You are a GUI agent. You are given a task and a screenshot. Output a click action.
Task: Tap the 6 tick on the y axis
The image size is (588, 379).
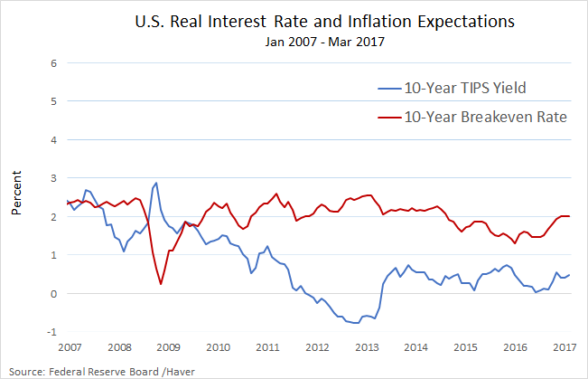[54, 63]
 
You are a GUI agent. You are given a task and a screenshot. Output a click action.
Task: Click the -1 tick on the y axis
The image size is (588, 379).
[52, 332]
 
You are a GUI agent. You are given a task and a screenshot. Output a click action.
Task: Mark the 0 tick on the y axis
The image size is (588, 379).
[54, 294]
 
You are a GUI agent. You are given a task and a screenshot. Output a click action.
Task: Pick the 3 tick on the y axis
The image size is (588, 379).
[54, 178]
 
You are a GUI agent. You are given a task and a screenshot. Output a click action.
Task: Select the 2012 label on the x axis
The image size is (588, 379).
[317, 347]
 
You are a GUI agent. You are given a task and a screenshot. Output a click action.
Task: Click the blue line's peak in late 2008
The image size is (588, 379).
[156, 183]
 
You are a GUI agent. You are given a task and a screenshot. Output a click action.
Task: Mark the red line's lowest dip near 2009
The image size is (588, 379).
[161, 284]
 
